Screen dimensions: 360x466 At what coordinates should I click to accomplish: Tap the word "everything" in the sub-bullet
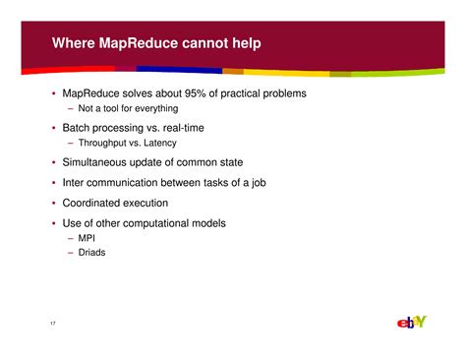click(155, 108)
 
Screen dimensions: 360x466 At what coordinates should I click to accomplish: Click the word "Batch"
click(77, 129)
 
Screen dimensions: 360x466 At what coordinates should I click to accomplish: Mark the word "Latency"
click(159, 144)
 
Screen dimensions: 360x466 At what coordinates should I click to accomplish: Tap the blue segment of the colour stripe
click(178, 70)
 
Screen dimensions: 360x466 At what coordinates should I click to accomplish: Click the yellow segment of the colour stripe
click(285, 72)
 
